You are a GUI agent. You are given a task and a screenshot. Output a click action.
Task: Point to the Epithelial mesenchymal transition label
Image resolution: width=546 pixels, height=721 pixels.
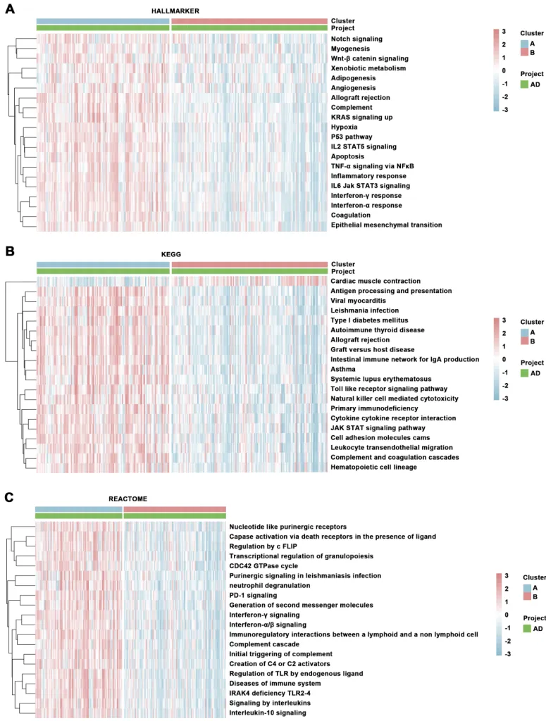pyautogui.click(x=386, y=225)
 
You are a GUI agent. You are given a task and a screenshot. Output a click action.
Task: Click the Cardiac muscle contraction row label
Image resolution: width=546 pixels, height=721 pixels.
pyautogui.click(x=376, y=281)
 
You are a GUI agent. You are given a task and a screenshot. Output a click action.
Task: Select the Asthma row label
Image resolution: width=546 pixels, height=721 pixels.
pyautogui.click(x=344, y=369)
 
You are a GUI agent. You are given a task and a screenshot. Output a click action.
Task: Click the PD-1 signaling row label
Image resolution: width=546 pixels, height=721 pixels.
pyautogui.click(x=252, y=595)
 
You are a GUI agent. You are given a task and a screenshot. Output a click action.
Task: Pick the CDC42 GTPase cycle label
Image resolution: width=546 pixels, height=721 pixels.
pyautogui.click(x=263, y=565)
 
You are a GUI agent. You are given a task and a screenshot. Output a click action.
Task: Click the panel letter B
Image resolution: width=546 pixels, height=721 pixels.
pyautogui.click(x=10, y=251)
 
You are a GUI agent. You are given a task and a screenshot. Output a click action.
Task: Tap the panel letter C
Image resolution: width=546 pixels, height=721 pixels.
pyautogui.click(x=10, y=496)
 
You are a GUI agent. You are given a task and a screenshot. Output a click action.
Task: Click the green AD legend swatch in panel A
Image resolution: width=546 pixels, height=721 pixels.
pyautogui.click(x=524, y=84)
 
